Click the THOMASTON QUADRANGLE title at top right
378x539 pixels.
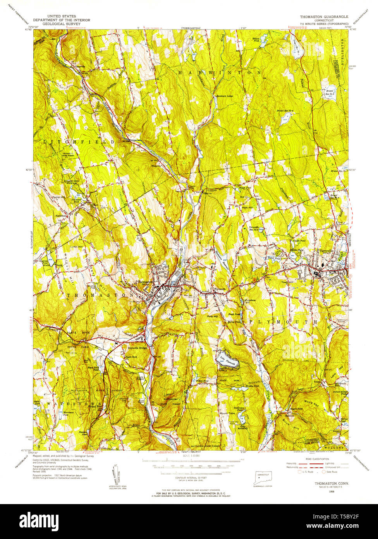click(x=324, y=17)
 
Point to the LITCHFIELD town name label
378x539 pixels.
click(x=79, y=142)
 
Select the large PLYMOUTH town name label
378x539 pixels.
click(x=282, y=322)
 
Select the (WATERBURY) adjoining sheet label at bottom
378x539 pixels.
click(x=187, y=452)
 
